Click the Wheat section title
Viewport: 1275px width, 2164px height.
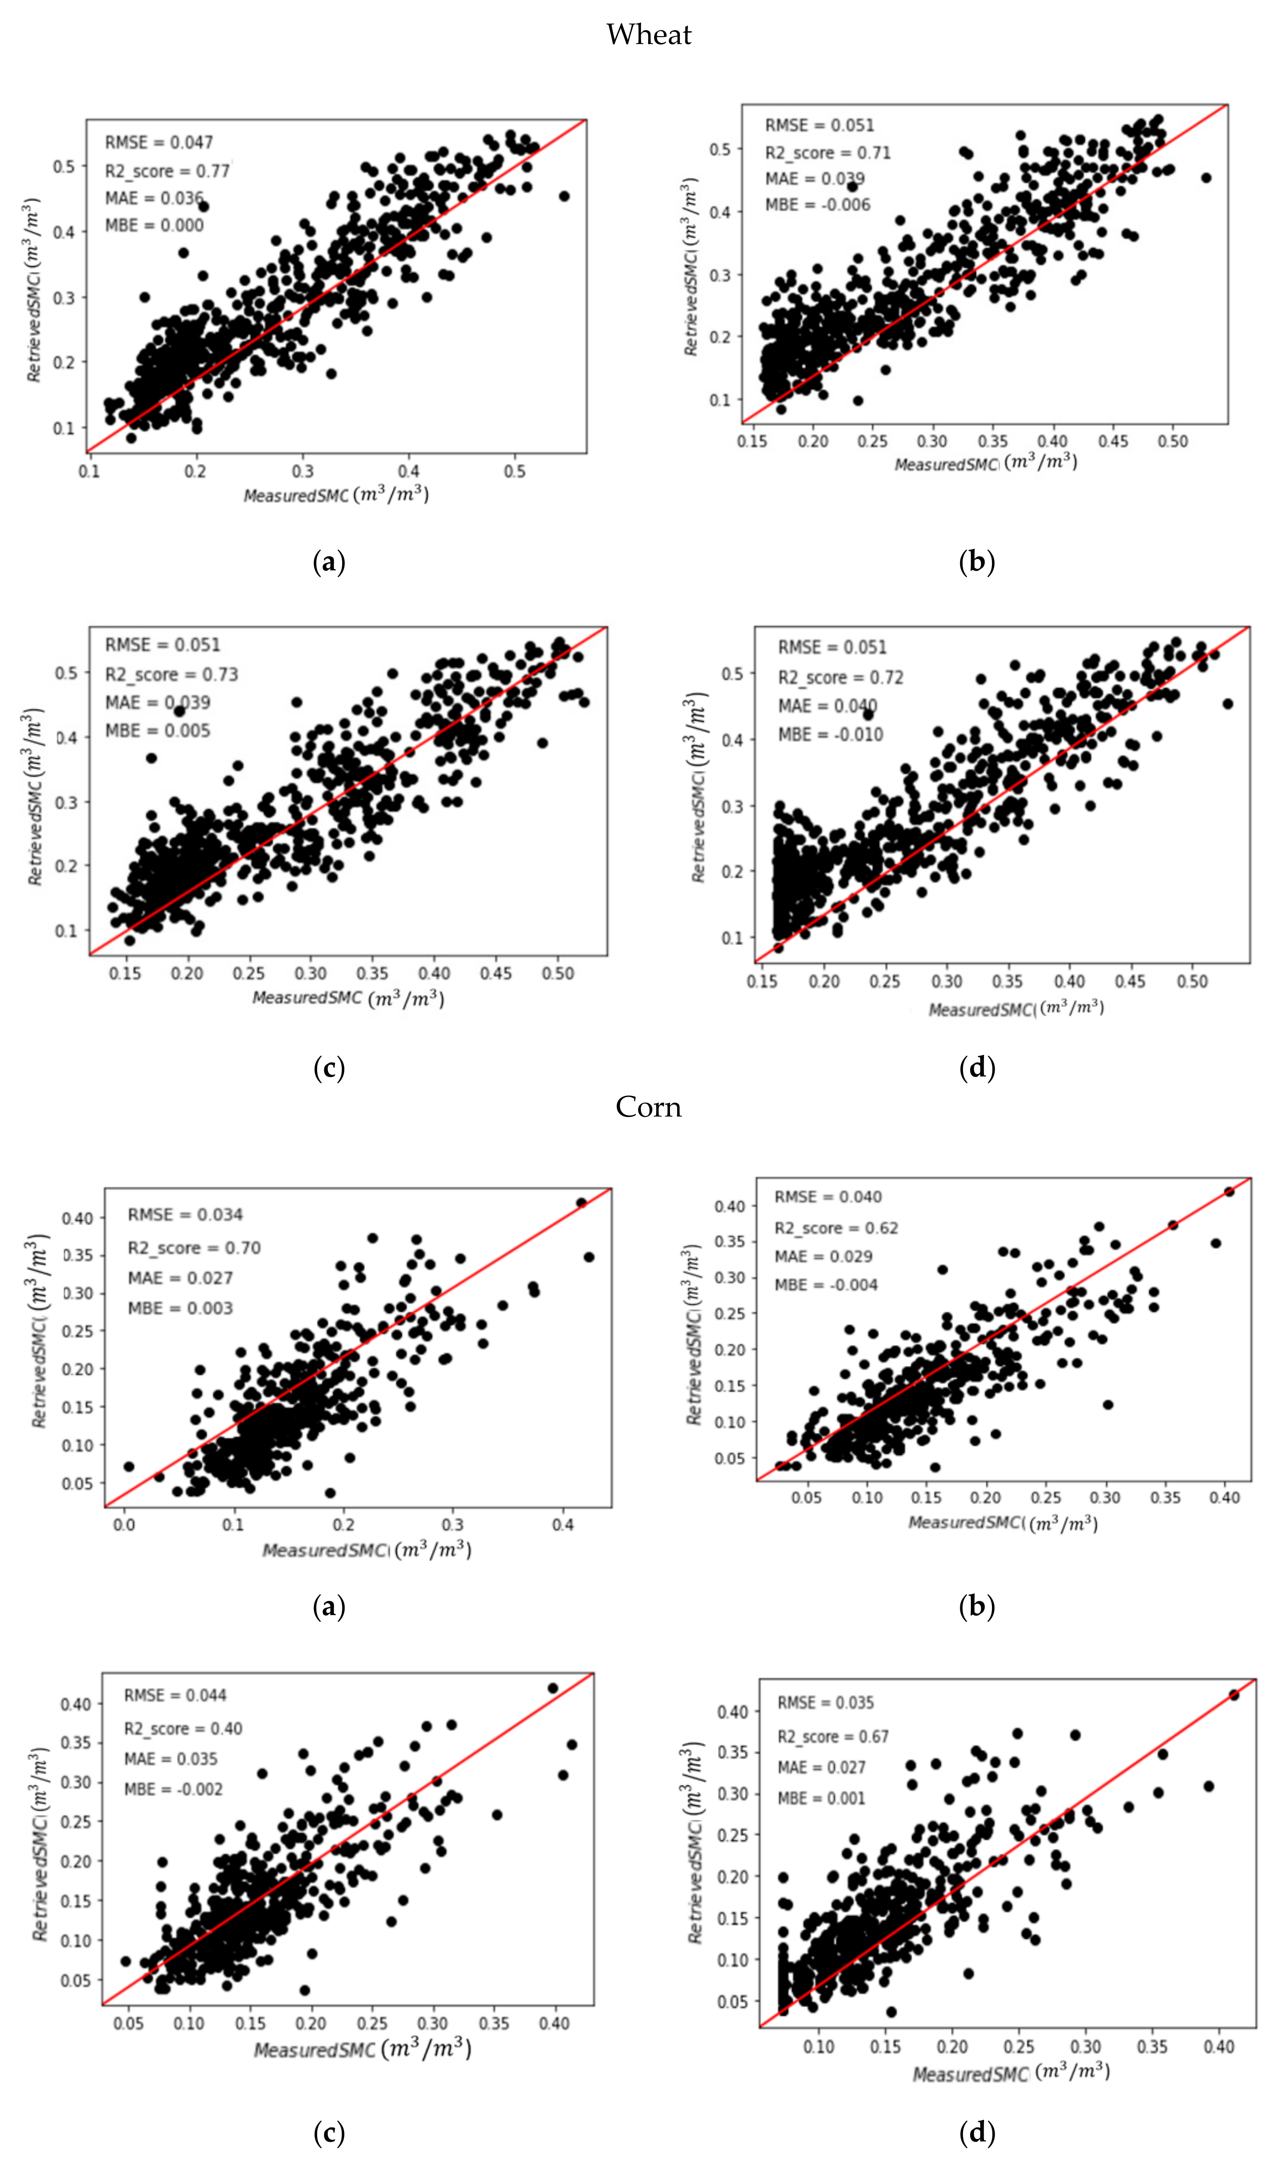(x=649, y=35)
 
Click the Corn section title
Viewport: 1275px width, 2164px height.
(x=649, y=1107)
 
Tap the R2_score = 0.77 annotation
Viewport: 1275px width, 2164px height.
(x=168, y=171)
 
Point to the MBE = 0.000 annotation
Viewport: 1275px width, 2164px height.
(x=155, y=225)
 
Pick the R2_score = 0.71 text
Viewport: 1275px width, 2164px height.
(x=827, y=152)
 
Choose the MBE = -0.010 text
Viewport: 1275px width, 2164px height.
(x=830, y=735)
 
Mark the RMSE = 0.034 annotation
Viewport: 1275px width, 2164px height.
(x=185, y=1214)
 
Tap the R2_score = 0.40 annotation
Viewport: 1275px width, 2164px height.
(x=183, y=1728)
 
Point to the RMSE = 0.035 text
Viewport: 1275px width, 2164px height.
(x=826, y=1702)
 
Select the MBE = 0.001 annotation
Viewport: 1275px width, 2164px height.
(x=821, y=1797)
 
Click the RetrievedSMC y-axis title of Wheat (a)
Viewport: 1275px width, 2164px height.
(x=33, y=290)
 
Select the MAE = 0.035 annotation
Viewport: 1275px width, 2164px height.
(x=171, y=1758)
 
